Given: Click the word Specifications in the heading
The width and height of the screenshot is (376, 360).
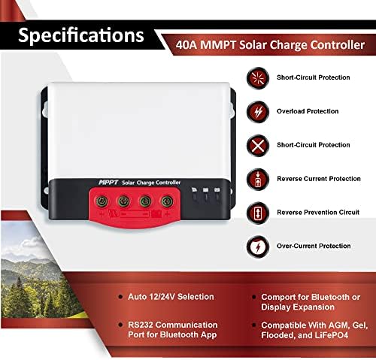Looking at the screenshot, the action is pos(81,35).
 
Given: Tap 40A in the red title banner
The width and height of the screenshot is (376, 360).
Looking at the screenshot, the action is pos(186,45).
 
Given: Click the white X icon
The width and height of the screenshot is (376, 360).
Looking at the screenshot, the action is pos(258,146).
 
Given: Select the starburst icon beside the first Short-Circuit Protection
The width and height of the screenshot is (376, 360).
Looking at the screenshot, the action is pos(258,78).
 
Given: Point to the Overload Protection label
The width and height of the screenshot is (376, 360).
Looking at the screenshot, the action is pos(308,111).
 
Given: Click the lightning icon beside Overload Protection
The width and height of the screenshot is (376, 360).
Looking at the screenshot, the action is pos(258,112).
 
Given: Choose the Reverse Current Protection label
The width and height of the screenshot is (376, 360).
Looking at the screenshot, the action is pos(319,179).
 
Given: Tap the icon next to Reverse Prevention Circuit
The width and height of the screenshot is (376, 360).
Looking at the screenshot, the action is pos(258,213).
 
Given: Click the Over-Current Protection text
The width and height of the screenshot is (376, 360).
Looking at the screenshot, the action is pos(314,246).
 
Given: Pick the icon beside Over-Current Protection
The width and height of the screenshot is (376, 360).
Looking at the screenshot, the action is pos(258,247).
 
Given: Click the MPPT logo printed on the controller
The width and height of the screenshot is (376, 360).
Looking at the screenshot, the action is pos(108,183).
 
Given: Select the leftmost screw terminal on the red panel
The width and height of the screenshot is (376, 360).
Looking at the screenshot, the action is pos(102,201).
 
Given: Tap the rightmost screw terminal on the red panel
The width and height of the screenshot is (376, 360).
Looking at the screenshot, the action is pos(167,201).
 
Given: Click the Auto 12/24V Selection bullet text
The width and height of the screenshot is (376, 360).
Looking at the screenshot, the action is pos(171,297).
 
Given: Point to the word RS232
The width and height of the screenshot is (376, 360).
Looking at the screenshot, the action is pos(141,325).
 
